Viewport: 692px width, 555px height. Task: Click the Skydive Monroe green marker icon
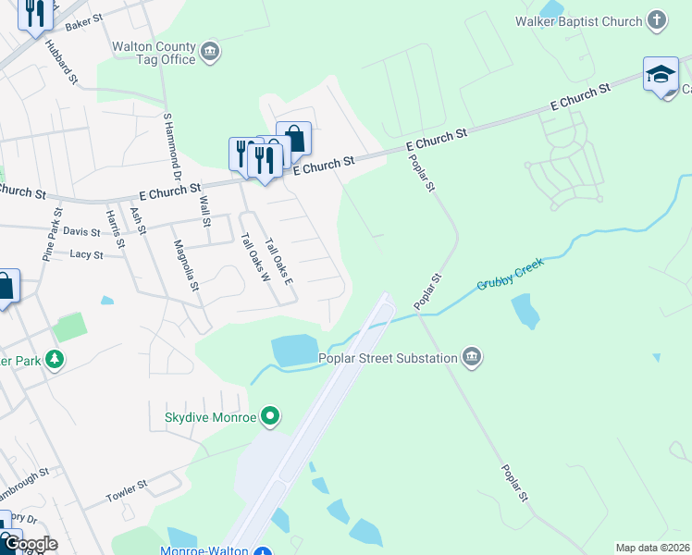(270, 416)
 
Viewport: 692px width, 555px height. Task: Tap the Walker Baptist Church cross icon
(656, 20)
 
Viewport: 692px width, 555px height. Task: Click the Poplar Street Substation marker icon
(472, 358)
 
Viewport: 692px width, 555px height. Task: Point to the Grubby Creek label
(511, 274)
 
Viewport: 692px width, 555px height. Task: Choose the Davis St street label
(81, 231)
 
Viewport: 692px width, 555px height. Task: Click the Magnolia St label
(187, 265)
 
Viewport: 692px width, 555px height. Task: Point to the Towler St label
(127, 485)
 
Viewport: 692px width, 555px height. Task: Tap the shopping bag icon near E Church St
(294, 139)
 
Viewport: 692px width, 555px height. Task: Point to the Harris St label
(116, 229)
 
